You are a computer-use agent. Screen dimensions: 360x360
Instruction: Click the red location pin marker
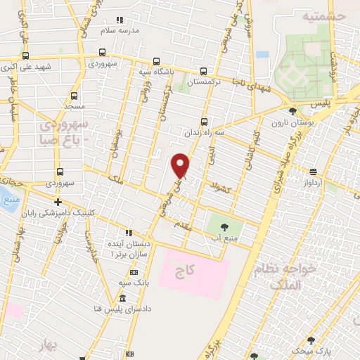tap(181, 165)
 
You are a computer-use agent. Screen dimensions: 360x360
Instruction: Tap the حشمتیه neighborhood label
tap(323, 15)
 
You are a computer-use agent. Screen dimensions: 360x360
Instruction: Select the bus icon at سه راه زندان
tap(204, 121)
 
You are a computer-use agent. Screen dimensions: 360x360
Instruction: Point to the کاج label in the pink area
tap(186, 269)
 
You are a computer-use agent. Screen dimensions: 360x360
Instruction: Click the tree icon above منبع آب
tap(224, 226)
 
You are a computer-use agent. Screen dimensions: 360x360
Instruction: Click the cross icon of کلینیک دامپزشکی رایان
tap(58, 202)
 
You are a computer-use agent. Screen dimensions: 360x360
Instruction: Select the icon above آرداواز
tap(312, 171)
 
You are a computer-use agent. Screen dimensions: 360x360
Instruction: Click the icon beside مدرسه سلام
tap(120, 20)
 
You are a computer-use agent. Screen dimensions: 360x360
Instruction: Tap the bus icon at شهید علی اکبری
tap(26, 56)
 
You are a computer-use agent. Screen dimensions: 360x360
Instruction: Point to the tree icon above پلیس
tap(292, 111)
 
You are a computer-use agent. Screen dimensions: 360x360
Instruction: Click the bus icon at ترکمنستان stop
tap(204, 71)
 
